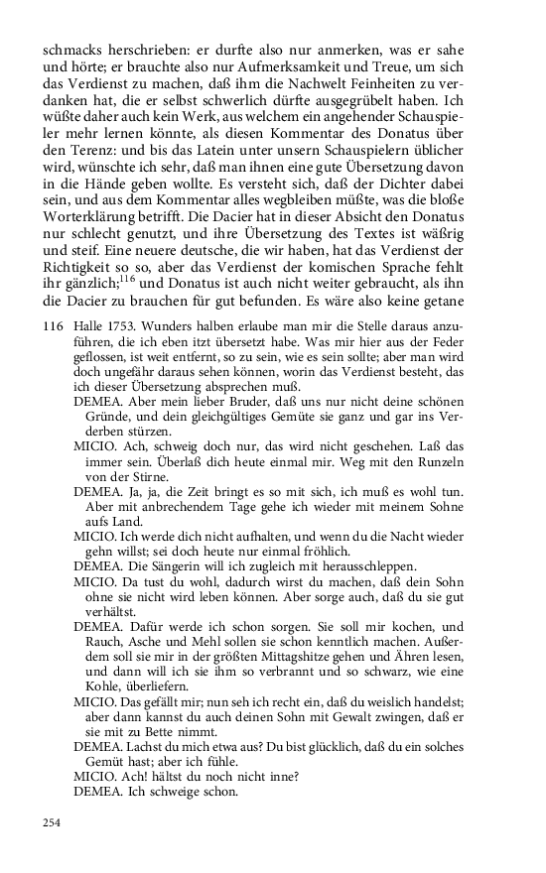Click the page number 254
tap(52, 822)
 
